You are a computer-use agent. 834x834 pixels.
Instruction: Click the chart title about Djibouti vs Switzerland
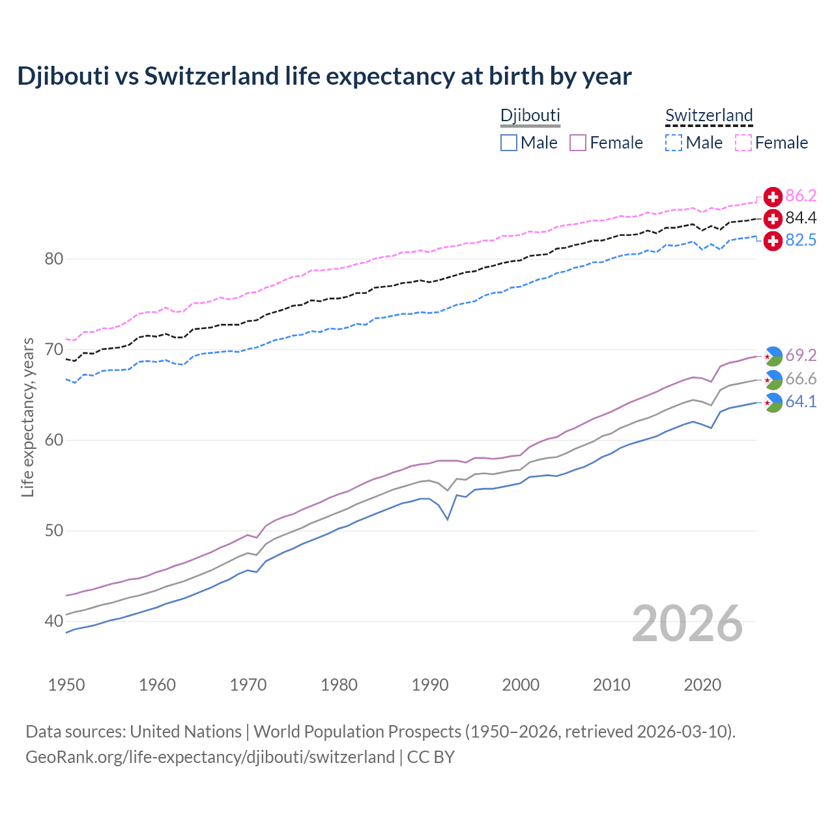324,76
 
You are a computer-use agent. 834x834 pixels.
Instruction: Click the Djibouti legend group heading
530,115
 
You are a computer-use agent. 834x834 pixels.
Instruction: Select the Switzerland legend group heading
709,115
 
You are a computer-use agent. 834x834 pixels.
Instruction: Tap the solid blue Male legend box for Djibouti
509,143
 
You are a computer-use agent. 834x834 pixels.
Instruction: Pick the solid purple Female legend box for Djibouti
578,143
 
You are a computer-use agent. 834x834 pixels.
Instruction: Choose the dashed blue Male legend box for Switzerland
674,143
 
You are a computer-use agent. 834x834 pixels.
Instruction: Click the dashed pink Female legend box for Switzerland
743,143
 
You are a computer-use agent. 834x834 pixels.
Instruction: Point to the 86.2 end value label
801,195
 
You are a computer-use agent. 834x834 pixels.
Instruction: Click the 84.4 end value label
801,218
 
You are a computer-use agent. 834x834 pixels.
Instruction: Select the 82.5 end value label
801,240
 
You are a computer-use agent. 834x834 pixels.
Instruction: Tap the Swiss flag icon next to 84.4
773,218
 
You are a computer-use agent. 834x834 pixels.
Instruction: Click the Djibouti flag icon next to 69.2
773,356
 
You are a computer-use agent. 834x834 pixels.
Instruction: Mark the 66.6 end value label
801,379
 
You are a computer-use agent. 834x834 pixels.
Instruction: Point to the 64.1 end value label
801,402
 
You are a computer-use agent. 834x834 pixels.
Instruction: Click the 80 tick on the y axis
54,259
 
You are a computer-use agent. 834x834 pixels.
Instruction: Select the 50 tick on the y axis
54,531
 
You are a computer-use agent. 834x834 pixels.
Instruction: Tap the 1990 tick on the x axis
430,685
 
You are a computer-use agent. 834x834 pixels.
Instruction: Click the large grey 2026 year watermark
687,624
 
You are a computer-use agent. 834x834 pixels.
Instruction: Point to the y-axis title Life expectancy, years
28,417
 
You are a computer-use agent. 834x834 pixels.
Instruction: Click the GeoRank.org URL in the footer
210,757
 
